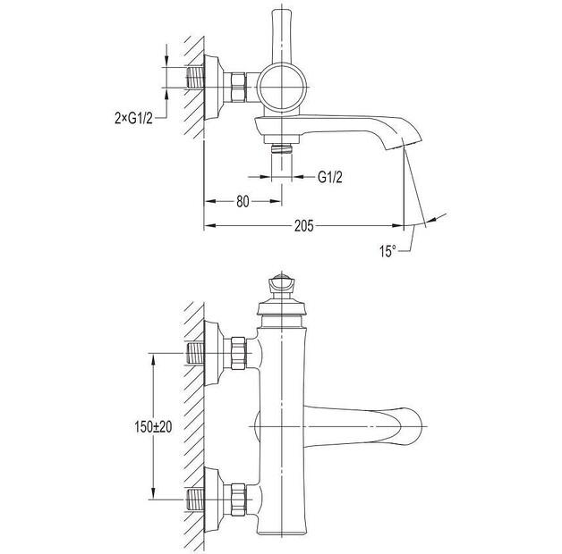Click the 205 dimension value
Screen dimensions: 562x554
click(x=303, y=226)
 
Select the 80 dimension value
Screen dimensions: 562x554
click(x=243, y=201)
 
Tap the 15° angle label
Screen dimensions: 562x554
click(x=387, y=250)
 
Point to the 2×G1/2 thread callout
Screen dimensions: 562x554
click(x=133, y=118)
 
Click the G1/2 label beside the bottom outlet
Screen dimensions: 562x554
click(x=329, y=177)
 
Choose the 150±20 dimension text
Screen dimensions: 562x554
click(x=153, y=426)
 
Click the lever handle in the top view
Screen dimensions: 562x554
click(x=282, y=36)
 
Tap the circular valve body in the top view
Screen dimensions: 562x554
click(x=282, y=88)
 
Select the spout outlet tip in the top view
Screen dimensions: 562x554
click(x=405, y=143)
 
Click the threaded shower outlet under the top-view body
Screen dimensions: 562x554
click(x=281, y=148)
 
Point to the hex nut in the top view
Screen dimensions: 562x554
click(x=238, y=88)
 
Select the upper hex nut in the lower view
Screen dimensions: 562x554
click(x=238, y=353)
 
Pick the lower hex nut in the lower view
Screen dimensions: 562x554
click(x=238, y=499)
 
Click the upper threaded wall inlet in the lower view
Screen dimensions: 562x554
click(x=196, y=353)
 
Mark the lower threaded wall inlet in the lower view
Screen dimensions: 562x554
click(x=196, y=499)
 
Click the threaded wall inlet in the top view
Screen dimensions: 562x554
click(x=196, y=78)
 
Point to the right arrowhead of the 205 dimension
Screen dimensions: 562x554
click(x=398, y=225)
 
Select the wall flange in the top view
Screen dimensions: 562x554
click(x=214, y=88)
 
